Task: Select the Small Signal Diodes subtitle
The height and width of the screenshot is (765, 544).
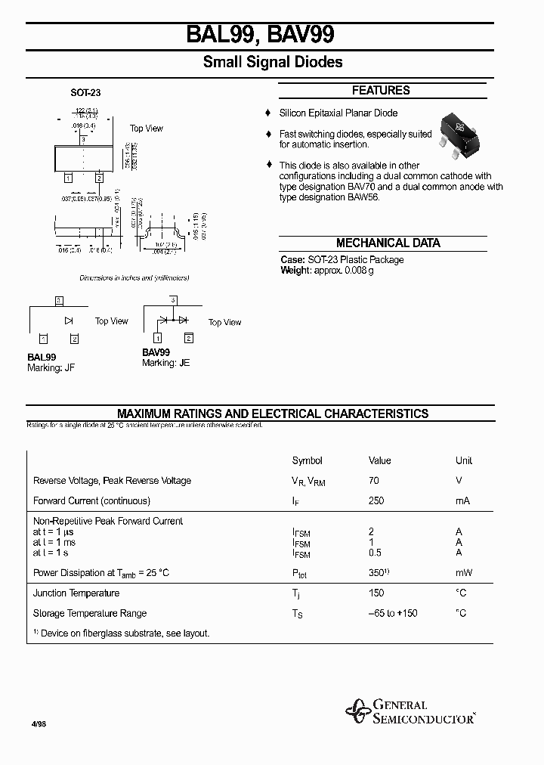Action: (x=273, y=62)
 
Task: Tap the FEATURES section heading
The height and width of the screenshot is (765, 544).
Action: (x=381, y=91)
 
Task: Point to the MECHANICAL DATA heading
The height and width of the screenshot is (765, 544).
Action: (x=388, y=243)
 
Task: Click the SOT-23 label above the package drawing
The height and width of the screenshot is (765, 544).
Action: (x=85, y=93)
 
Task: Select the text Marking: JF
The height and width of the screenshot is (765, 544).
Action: (x=51, y=367)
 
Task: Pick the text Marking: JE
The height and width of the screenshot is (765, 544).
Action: (x=166, y=363)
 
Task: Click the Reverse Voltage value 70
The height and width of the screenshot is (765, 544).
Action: (x=374, y=481)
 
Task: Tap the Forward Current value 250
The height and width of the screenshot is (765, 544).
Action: (x=376, y=500)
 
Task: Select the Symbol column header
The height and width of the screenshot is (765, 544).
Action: (x=307, y=460)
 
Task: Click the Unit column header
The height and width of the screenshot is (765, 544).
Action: (x=464, y=460)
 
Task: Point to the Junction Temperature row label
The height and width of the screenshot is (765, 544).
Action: (x=76, y=593)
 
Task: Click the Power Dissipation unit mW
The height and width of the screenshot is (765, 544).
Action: (x=463, y=573)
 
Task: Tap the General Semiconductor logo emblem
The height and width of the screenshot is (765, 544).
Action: (x=357, y=711)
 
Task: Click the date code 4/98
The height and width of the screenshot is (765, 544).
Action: (x=39, y=723)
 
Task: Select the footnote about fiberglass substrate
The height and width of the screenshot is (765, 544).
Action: (x=121, y=633)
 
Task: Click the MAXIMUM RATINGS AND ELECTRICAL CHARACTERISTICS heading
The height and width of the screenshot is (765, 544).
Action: (x=273, y=413)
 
